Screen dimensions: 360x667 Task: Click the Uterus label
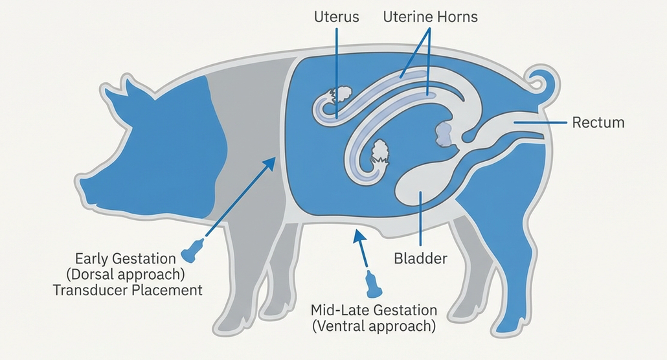point(335,17)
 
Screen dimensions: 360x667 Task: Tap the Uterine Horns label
point(429,17)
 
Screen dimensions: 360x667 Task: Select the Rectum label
point(598,122)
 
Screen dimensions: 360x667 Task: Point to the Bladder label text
point(421,259)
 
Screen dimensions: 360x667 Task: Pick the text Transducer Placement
point(128,289)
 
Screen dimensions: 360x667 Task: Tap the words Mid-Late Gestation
point(374,309)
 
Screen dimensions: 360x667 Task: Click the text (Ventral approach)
point(374,326)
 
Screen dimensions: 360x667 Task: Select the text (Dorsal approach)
point(126,273)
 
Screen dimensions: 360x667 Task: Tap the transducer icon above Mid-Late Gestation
point(374,283)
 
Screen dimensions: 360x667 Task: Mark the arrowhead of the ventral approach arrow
point(356,234)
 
